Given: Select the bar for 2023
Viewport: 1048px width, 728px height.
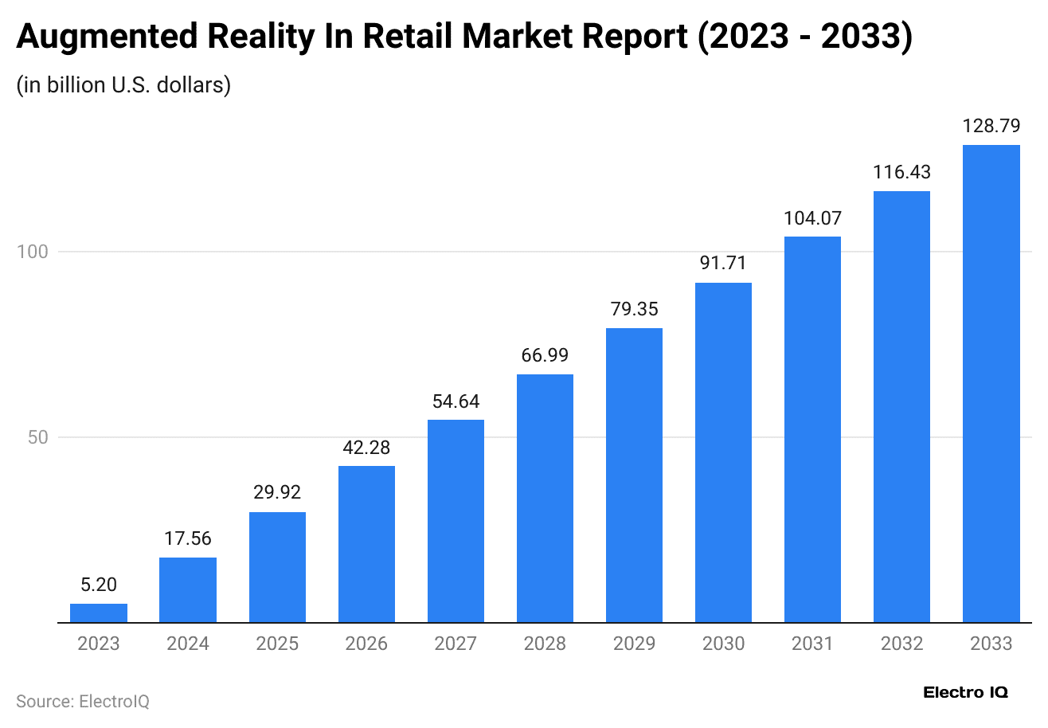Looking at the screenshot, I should pyautogui.click(x=99, y=613).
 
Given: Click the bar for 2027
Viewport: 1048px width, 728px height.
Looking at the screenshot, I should pyautogui.click(x=456, y=521).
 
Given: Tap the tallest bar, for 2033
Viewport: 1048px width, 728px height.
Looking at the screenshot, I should pyautogui.click(x=991, y=383).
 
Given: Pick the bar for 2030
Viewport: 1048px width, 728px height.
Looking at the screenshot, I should pyautogui.click(x=723, y=452).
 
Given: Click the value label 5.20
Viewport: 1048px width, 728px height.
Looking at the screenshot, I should pyautogui.click(x=99, y=585).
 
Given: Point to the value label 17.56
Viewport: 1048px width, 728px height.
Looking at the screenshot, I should pyautogui.click(x=188, y=538).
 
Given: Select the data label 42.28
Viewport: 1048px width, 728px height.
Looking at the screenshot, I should pyautogui.click(x=366, y=447).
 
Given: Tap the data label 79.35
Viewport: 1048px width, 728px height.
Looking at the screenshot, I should pyautogui.click(x=634, y=309).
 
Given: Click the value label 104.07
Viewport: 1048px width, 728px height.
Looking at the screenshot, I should pyautogui.click(x=812, y=217).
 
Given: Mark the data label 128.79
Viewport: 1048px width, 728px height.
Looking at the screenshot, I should pyautogui.click(x=991, y=126).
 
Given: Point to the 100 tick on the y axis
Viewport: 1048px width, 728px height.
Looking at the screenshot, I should pyautogui.click(x=33, y=252).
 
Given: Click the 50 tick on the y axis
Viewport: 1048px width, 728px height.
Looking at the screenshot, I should pyautogui.click(x=38, y=437).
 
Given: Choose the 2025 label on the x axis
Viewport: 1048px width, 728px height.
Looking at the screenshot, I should pyautogui.click(x=277, y=644).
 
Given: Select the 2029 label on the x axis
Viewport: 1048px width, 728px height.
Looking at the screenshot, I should pyautogui.click(x=634, y=644).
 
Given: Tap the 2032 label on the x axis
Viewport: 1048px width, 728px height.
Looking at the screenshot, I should pyautogui.click(x=901, y=644).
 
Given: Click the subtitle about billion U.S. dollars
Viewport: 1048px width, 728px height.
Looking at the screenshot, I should pyautogui.click(x=123, y=84).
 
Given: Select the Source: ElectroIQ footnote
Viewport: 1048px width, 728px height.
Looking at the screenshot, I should pyautogui.click(x=83, y=702).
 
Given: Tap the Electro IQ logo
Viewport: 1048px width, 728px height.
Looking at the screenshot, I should pyautogui.click(x=965, y=692).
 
